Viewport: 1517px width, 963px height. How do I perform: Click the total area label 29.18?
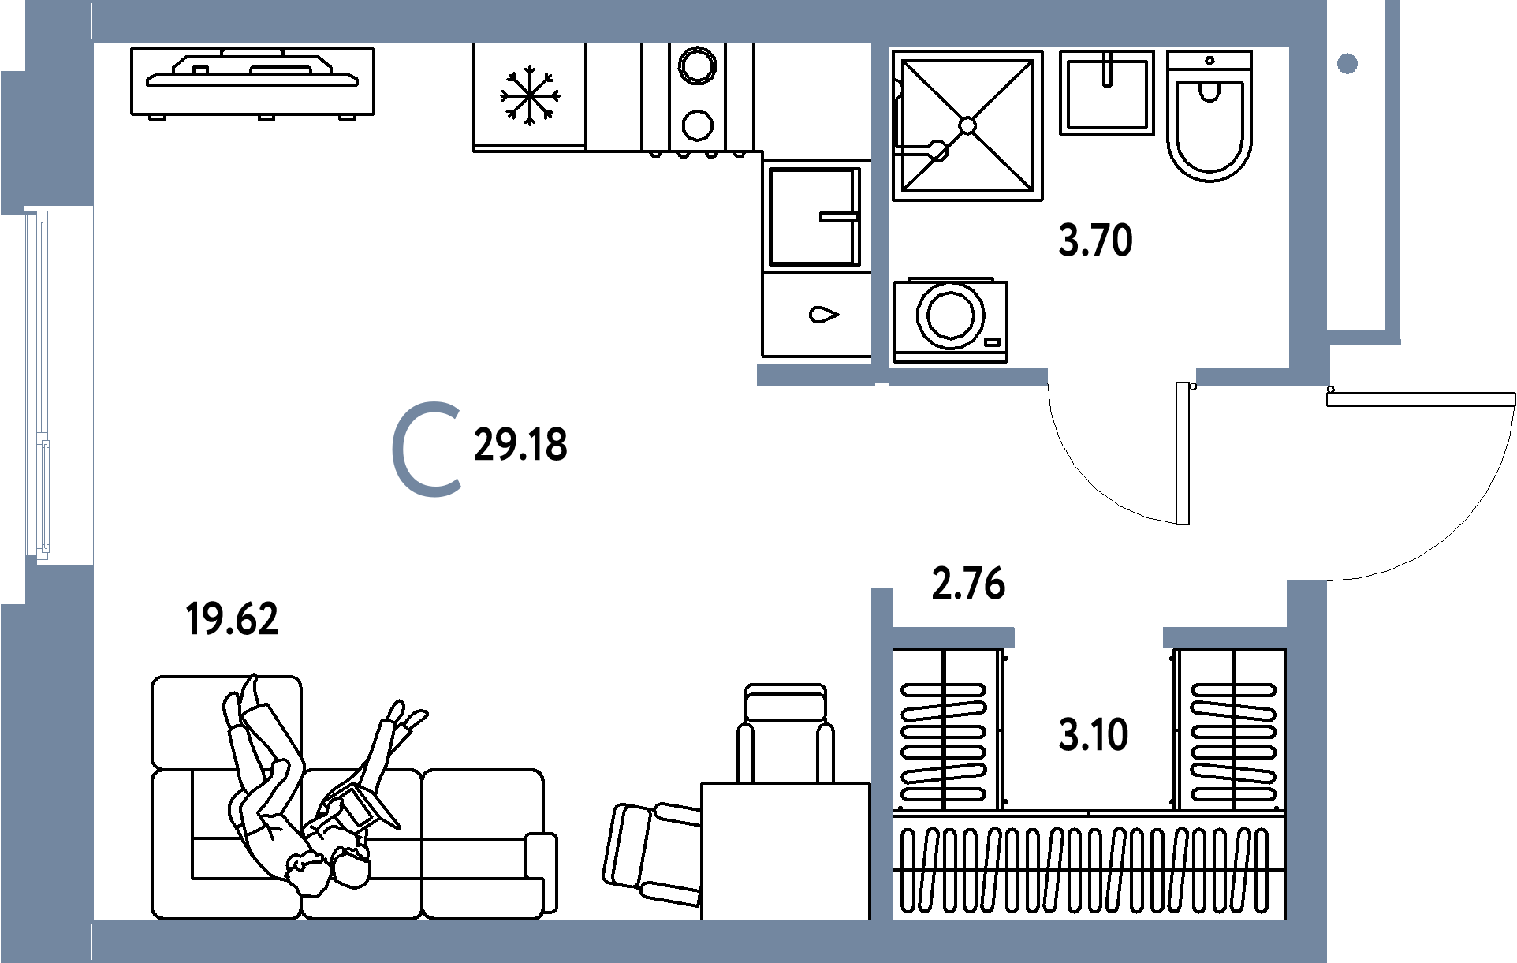520,446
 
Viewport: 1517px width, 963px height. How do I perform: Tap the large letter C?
427,450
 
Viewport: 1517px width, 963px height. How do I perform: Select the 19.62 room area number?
232,619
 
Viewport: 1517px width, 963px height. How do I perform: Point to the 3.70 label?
1095,241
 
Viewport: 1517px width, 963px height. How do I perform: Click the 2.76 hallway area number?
968,584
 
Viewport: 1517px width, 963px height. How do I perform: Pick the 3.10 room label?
1094,735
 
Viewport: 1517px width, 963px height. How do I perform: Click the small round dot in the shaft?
1347,63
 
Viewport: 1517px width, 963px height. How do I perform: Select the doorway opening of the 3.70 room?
1121,377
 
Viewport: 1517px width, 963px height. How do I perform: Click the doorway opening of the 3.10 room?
1088,637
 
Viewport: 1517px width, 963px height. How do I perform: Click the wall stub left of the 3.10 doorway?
952,637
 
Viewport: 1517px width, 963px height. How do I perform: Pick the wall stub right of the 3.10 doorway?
1224,637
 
